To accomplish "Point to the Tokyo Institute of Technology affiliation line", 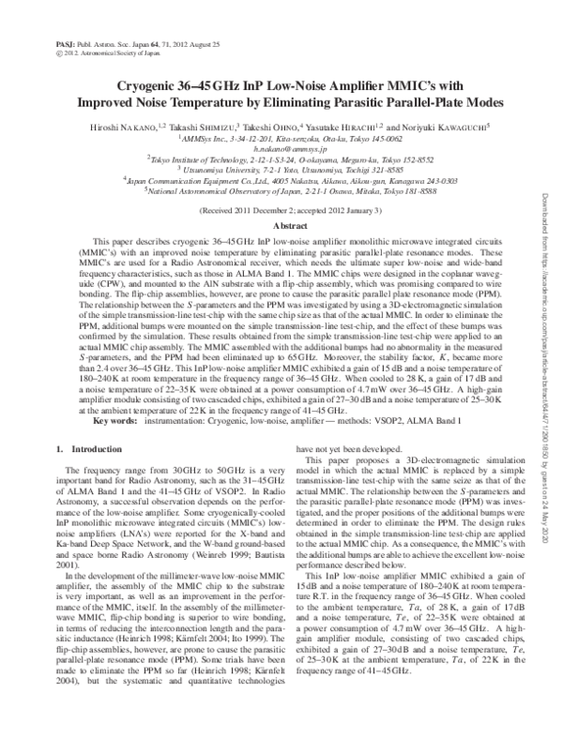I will [x=281, y=160].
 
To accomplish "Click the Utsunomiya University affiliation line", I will [x=281, y=172].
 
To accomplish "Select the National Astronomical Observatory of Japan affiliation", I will [x=281, y=190].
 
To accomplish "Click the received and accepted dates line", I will [x=281, y=212].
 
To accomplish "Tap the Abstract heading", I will [x=281, y=227].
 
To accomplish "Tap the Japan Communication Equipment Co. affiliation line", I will [x=281, y=181].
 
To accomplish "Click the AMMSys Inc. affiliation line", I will [x=281, y=138].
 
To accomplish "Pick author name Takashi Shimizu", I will [x=197, y=126].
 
